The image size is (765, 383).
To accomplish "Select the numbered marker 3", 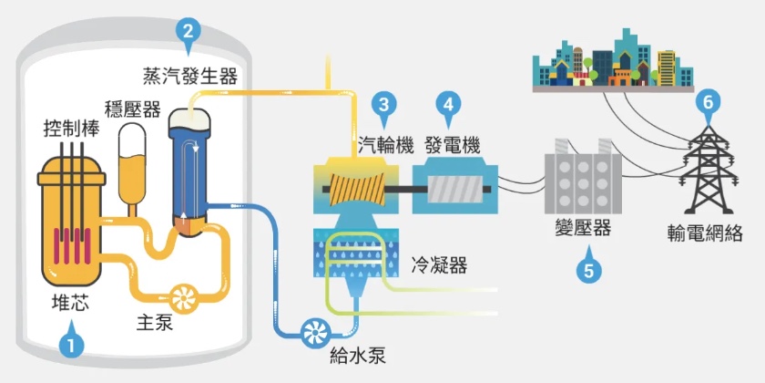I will point(385,105).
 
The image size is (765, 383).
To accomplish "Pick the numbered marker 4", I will point(448,105).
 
